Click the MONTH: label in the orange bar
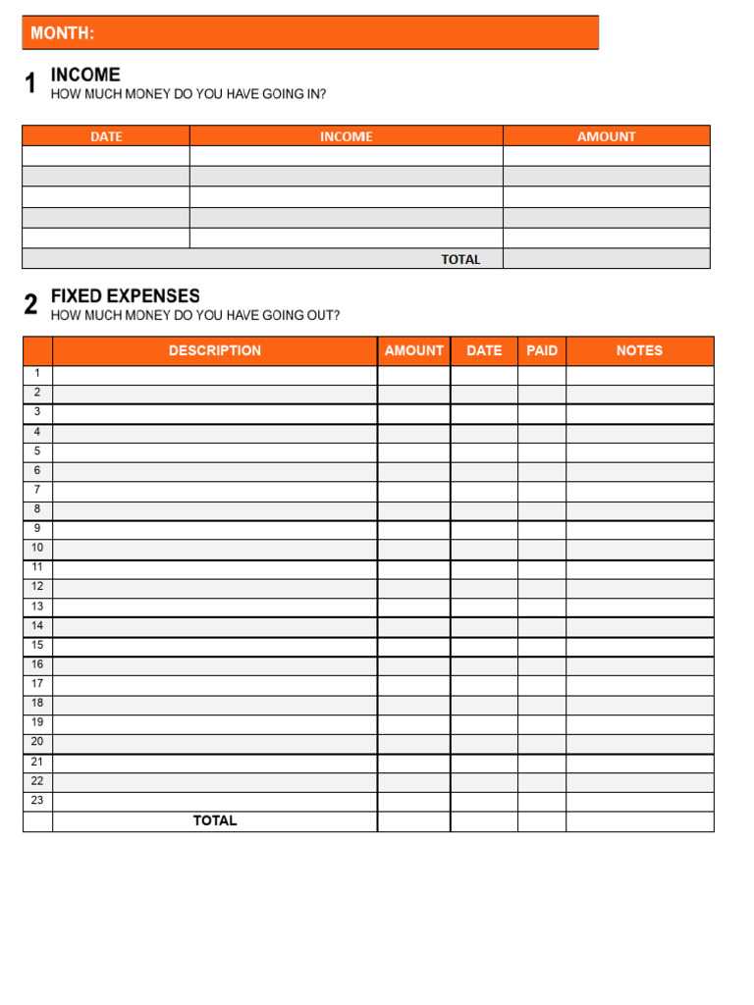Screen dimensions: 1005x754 click(x=63, y=33)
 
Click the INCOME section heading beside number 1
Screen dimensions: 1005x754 click(x=85, y=75)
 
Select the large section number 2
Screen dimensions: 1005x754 click(x=31, y=305)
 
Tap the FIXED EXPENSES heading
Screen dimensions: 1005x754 click(x=125, y=296)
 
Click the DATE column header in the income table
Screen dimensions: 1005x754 click(x=106, y=136)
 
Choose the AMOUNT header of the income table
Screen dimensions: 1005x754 click(x=606, y=136)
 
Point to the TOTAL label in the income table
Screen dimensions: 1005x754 click(x=460, y=259)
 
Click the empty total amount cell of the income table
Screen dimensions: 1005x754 click(x=606, y=259)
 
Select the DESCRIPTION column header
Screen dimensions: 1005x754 click(x=215, y=350)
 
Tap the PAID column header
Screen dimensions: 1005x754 click(x=542, y=350)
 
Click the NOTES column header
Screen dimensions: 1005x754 click(x=639, y=350)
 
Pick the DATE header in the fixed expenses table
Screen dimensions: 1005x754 click(x=484, y=350)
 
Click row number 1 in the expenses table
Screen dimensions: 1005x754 click(x=37, y=373)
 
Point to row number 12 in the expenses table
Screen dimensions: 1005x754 click(x=37, y=587)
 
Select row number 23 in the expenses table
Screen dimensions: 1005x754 click(x=37, y=801)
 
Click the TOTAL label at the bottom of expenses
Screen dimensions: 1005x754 click(x=215, y=820)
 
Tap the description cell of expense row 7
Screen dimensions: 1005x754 click(x=215, y=490)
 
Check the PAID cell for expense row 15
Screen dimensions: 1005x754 click(x=542, y=646)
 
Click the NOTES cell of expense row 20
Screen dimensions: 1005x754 click(x=639, y=743)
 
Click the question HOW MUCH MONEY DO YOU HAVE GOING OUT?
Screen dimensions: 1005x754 click(x=195, y=316)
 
